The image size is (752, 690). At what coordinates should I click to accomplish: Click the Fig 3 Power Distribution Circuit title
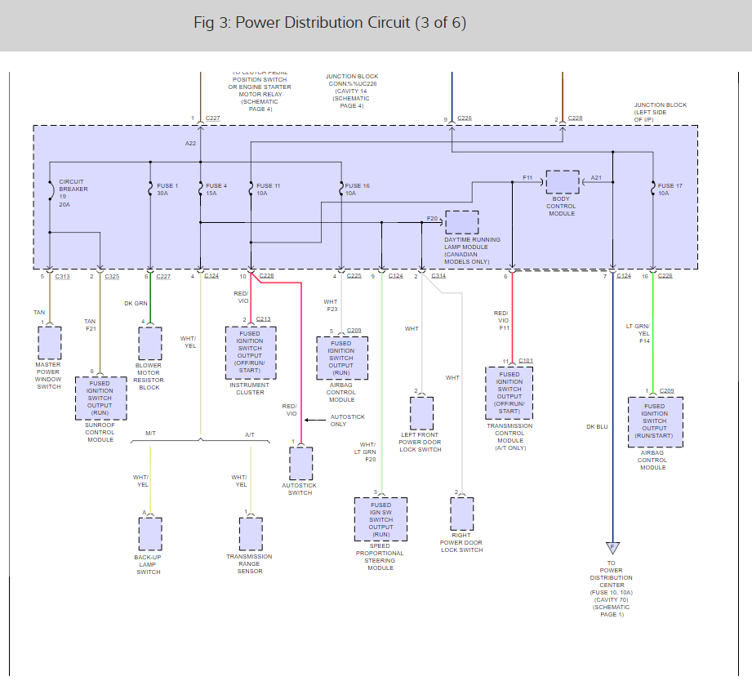point(330,23)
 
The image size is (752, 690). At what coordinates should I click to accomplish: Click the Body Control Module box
point(562,182)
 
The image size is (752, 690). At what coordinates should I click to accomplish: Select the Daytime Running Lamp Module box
point(462,222)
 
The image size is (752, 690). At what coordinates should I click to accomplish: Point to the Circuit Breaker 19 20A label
point(73,193)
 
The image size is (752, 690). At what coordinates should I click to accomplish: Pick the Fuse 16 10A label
point(358,189)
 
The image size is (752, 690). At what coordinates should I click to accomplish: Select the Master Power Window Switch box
point(49,343)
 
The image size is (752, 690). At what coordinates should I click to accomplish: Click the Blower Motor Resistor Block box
point(150,344)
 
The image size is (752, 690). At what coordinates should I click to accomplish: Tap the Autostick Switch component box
point(300,464)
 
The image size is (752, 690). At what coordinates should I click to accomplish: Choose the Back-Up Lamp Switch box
point(150,534)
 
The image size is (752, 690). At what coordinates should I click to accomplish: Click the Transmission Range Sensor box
point(251,534)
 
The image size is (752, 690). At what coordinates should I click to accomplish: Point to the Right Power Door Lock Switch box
point(461,514)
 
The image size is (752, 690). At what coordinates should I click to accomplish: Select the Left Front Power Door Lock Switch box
point(421,413)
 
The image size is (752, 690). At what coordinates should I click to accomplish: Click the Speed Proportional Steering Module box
point(380,519)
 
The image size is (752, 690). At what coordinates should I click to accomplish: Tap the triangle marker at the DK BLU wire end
point(612,549)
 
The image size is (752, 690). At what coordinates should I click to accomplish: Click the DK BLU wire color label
point(597,426)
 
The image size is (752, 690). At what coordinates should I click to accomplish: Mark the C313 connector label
point(63,277)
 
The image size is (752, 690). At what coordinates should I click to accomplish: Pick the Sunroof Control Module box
point(100,398)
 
